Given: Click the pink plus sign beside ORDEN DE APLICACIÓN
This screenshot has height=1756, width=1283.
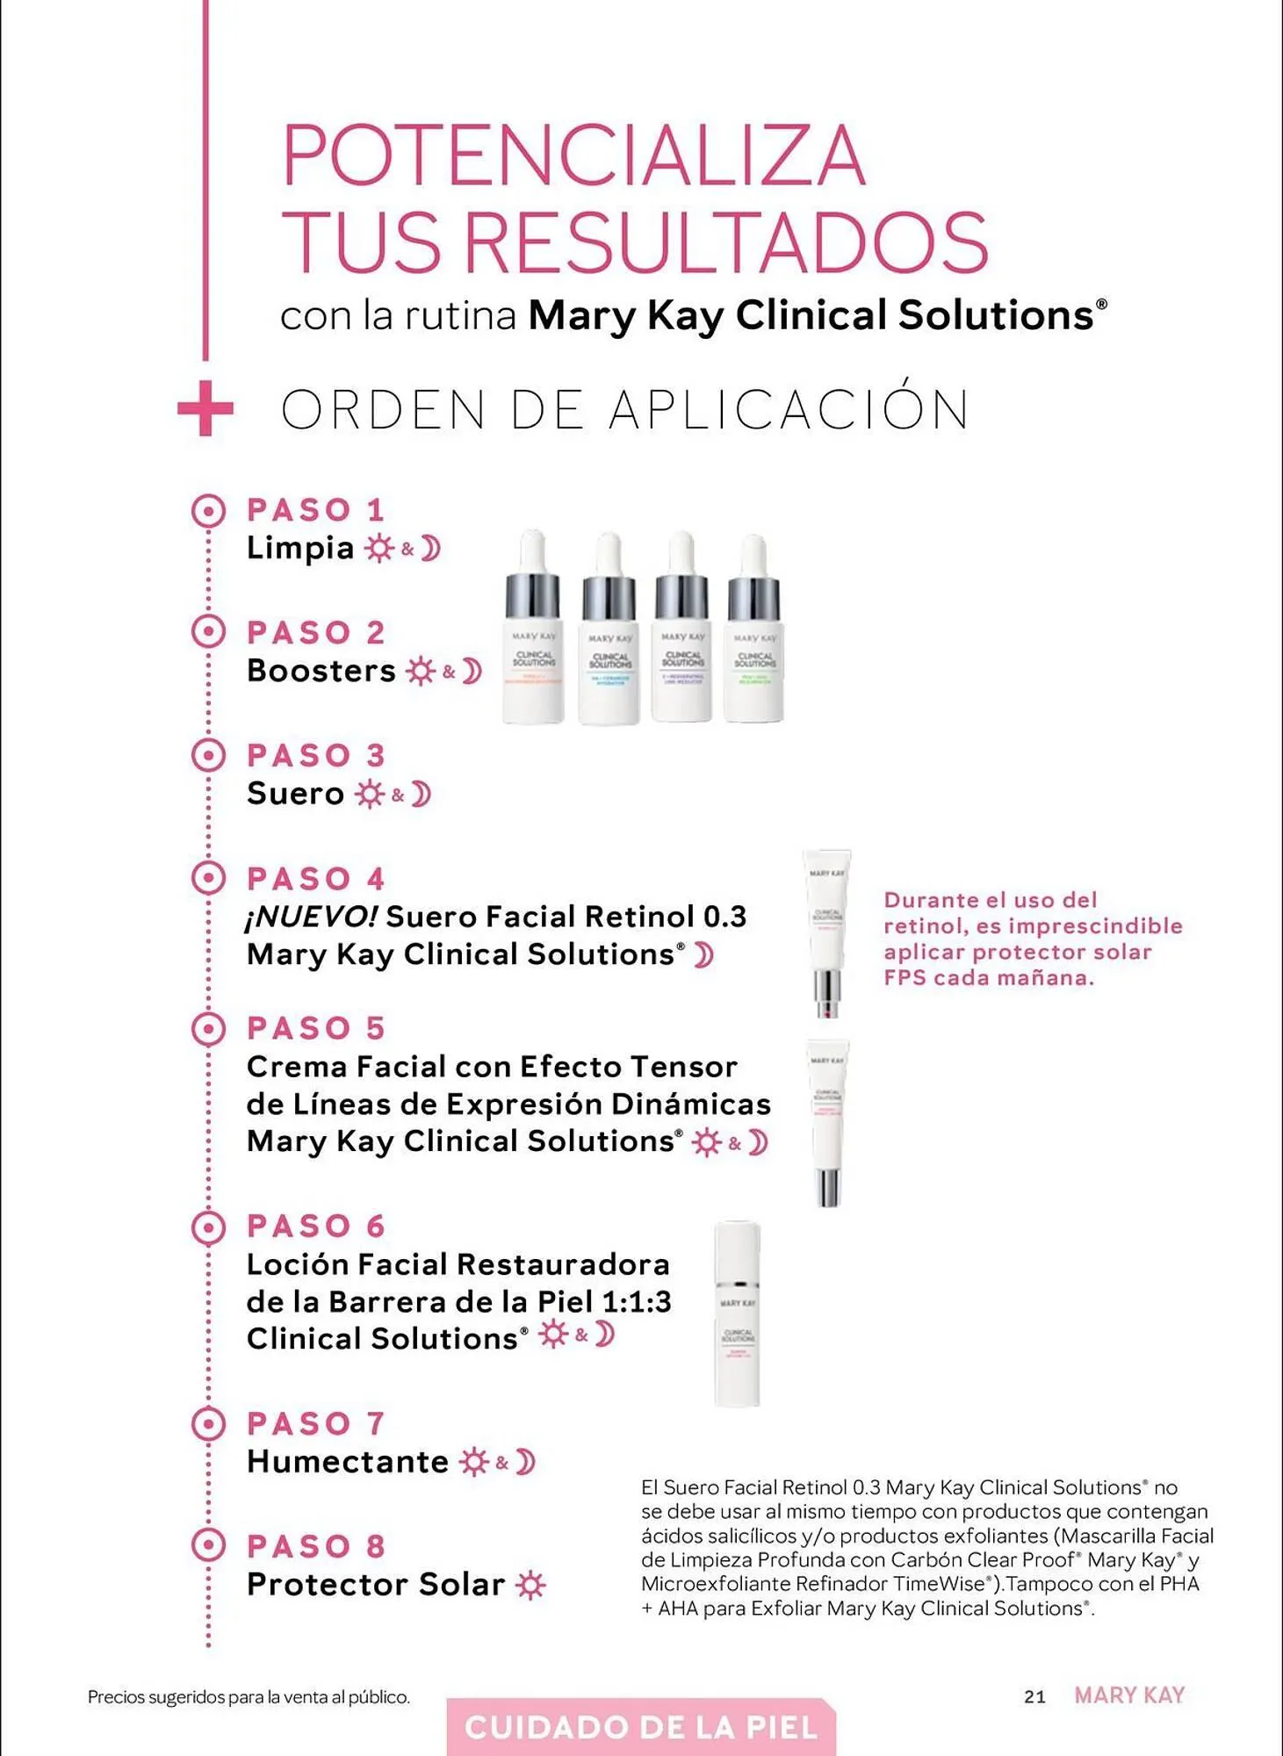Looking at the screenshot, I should [x=205, y=409].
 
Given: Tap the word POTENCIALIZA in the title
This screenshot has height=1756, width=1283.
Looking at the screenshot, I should [x=573, y=156].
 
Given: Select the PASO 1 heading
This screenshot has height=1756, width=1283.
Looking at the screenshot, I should [x=315, y=510].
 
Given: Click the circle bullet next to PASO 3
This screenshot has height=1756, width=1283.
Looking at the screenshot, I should [x=208, y=755].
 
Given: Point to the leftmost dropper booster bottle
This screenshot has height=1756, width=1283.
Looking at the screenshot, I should [x=533, y=628].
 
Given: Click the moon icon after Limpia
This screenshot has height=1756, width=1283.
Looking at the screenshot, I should [x=430, y=549].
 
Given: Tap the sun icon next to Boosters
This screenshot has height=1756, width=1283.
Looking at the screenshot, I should [x=421, y=672].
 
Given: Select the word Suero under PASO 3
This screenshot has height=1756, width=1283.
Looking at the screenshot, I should [x=295, y=794].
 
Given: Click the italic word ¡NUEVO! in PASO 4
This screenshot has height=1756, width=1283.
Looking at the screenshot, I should [x=311, y=918].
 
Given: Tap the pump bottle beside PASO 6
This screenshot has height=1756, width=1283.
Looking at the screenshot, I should [x=737, y=1313].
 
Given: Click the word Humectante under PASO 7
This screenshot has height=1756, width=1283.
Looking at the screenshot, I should [x=348, y=1462].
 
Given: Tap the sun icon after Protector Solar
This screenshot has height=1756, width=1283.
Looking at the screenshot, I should [x=530, y=1586].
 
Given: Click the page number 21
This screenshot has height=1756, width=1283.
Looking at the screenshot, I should [x=1034, y=1696].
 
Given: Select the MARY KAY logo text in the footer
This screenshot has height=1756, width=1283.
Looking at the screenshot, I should [x=1129, y=1695].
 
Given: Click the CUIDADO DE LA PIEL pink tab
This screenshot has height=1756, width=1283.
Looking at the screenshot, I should [x=641, y=1728].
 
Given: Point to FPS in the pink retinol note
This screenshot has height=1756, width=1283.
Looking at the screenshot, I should [x=905, y=978].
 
